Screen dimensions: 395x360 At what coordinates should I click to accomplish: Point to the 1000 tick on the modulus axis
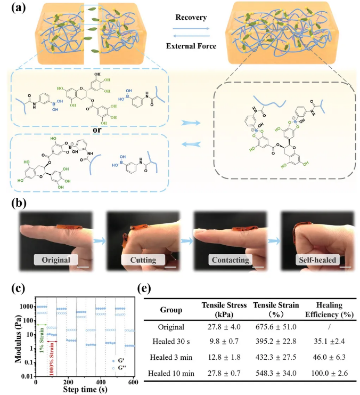coord(25,307)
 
